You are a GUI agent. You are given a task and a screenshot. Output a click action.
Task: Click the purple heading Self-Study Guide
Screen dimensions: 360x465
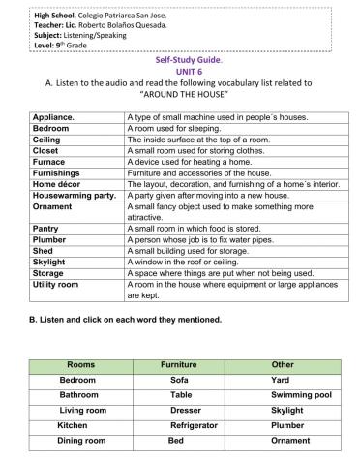point(179,59)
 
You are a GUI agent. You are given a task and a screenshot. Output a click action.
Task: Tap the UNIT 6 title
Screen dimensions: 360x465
point(179,71)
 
